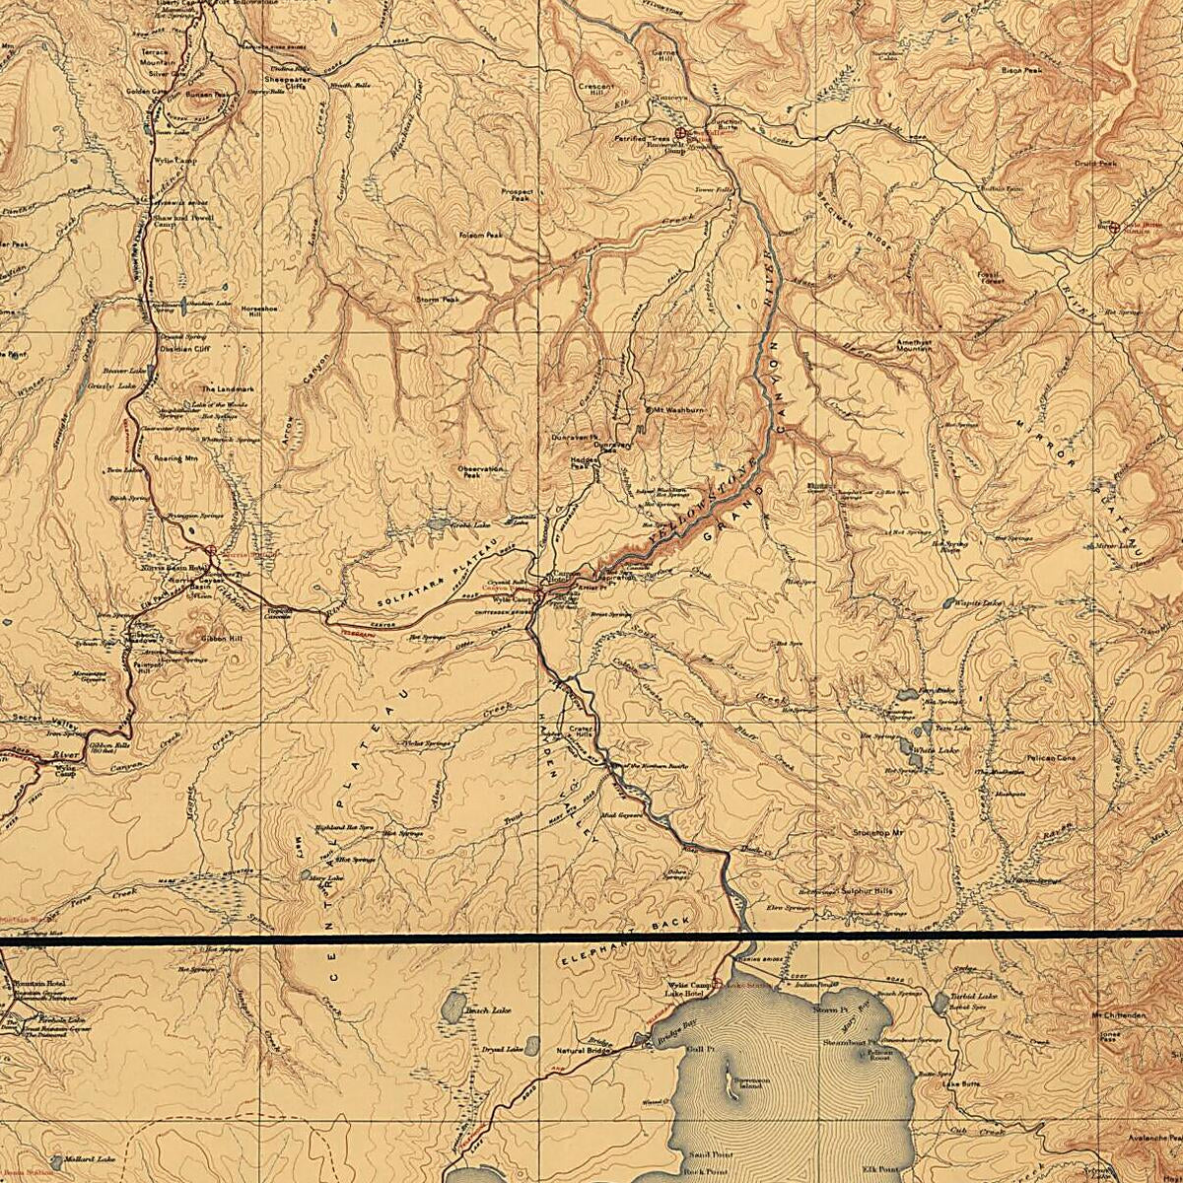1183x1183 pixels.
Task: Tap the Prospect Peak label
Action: pos(517,195)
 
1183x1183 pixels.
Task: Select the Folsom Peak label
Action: pos(481,236)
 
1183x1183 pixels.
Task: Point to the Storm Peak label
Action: pos(438,299)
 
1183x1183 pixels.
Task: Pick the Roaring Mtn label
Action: pos(176,458)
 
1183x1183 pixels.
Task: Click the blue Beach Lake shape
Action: pos(452,1006)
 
